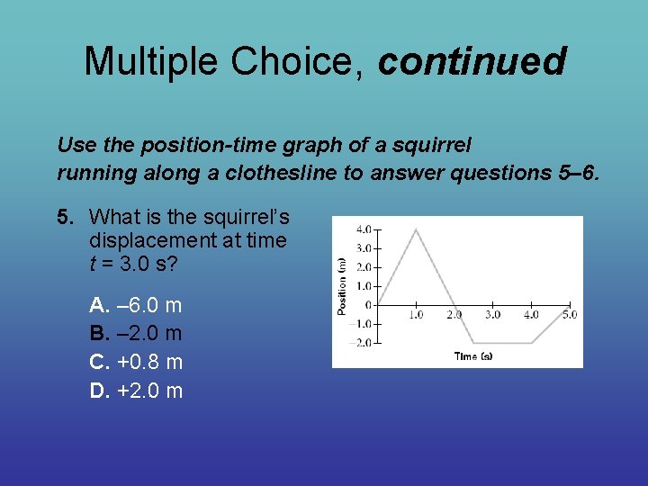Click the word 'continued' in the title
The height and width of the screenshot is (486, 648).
472,62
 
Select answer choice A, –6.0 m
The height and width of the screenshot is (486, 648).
136,305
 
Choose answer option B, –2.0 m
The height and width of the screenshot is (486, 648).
136,334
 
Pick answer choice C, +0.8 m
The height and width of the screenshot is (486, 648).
136,362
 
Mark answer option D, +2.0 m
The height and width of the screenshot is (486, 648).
136,391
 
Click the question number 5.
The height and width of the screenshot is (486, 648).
64,217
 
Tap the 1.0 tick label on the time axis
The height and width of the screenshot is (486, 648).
416,315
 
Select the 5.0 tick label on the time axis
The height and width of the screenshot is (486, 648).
569,315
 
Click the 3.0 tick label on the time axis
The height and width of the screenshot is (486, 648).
492,315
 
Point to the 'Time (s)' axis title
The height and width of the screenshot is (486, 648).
473,356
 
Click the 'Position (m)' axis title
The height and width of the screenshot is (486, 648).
342,285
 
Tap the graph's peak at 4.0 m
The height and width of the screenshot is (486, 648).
416,229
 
